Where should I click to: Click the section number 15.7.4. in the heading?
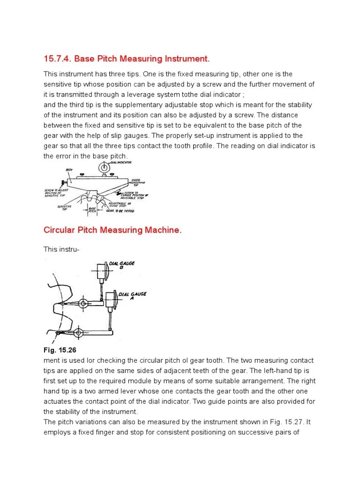click(58, 59)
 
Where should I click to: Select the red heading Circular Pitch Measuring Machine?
click(112, 230)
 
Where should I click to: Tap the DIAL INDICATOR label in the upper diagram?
click(120, 163)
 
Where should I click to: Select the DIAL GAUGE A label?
click(132, 296)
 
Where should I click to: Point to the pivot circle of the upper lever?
click(83, 304)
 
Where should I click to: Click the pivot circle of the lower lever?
click(78, 333)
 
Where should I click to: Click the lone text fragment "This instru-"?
click(61, 249)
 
